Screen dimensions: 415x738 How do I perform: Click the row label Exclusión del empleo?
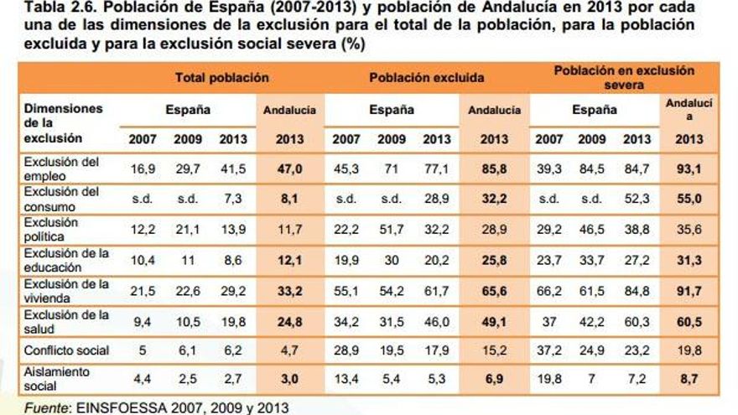coord(61,169)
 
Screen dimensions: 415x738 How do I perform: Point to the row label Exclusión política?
coord(51,229)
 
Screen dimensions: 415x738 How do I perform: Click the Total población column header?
coord(221,77)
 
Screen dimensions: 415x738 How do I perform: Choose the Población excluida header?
coord(426,77)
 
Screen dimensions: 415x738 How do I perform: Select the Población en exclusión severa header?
coord(624,77)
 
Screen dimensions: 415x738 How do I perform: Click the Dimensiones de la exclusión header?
coord(63,122)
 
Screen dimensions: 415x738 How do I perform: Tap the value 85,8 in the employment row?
coord(494,169)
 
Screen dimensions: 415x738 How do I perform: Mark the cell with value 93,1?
coord(689,169)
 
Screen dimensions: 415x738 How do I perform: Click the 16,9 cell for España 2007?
coord(142,169)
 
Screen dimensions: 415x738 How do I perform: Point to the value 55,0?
coord(689,199)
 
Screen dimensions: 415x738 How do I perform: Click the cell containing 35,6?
coord(689,229)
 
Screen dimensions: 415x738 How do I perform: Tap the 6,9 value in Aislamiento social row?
coord(494,379)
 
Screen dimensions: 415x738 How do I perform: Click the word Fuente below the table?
coord(45,408)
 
